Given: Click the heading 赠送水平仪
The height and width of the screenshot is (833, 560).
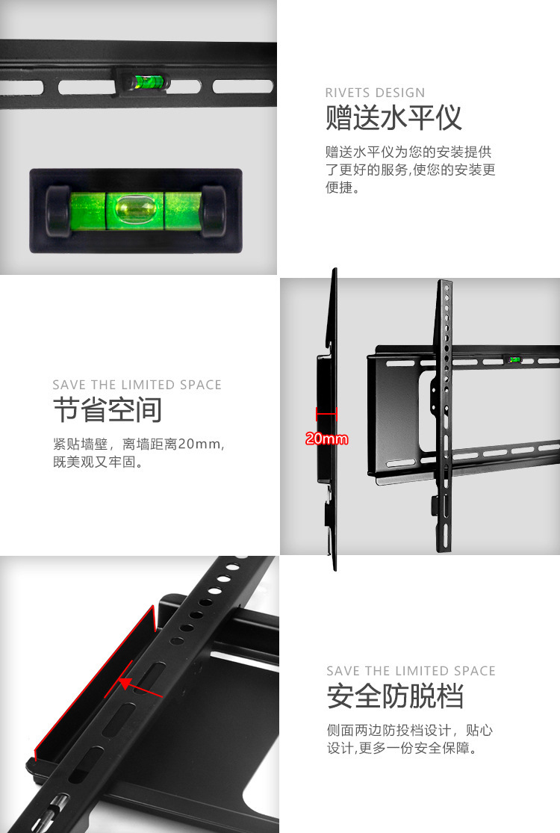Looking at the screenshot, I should [393, 119].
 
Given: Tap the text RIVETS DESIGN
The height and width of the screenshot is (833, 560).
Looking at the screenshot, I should [375, 93].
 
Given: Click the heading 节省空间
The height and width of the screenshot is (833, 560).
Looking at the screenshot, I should [107, 410].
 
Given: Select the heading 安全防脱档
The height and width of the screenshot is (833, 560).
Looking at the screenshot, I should [395, 696].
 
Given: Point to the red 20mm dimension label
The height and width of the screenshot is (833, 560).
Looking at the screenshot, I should [326, 439].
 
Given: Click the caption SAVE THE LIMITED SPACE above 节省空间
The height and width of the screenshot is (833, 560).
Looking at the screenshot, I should [137, 385].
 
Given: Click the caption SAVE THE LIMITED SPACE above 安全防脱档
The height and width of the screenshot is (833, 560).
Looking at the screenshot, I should [411, 671].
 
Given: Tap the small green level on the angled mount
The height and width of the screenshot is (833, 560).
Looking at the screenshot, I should [514, 360].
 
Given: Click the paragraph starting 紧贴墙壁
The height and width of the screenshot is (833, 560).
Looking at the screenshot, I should [139, 453].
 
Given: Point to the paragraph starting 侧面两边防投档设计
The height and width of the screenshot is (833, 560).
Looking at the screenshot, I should [410, 739].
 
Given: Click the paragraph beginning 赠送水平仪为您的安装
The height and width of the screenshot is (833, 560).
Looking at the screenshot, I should [410, 170].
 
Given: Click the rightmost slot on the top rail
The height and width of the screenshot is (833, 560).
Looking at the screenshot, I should [242, 86].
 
